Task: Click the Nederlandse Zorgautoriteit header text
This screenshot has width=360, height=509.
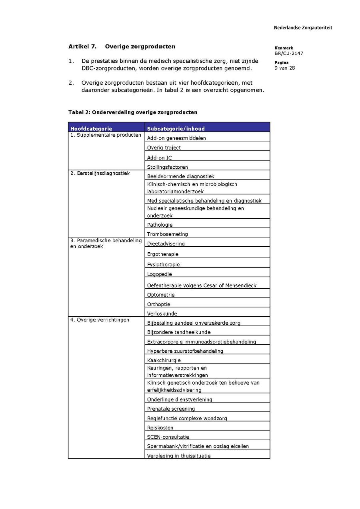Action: tap(303, 28)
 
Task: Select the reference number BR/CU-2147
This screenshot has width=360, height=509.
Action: tap(289, 53)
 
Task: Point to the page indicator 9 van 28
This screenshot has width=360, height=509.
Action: tap(284, 68)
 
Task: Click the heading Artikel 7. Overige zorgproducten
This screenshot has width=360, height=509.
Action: tap(122, 46)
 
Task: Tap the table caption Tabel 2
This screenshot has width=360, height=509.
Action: tap(132, 112)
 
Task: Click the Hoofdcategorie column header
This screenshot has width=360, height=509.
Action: tap(91, 129)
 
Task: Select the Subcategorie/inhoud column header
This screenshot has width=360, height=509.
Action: tap(176, 129)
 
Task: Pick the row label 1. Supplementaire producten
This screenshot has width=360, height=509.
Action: tap(106, 135)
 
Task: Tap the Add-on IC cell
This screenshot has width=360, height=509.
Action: tap(160, 158)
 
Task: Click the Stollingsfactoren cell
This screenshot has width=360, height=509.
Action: tap(167, 167)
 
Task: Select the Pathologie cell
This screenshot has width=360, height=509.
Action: tap(160, 225)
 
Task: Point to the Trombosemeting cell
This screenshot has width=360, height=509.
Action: tap(167, 234)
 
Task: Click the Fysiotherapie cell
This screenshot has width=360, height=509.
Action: tap(163, 264)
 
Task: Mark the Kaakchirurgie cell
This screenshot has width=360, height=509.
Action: tap(164, 360)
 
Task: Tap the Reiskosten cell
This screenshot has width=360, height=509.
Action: tap(160, 427)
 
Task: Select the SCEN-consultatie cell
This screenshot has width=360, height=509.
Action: tap(168, 437)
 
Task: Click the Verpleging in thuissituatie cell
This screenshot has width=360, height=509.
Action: tap(178, 455)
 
